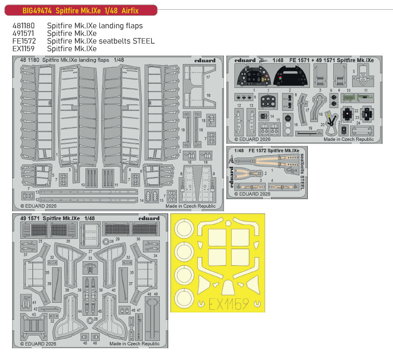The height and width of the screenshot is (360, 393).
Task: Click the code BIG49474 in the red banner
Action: tap(37, 10)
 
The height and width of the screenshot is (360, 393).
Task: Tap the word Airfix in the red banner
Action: tap(130, 10)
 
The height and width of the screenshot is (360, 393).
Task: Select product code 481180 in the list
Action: tap(23, 26)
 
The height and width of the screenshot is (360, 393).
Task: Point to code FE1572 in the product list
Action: tap(24, 41)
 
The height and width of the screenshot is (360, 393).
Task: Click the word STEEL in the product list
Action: tap(144, 41)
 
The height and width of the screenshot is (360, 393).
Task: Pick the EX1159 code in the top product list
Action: tap(23, 49)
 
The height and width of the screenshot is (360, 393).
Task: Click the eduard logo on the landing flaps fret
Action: tap(205, 60)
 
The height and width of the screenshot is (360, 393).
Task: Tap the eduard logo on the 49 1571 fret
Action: tap(149, 218)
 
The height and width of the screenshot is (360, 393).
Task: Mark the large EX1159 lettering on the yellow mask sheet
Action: tap(229, 304)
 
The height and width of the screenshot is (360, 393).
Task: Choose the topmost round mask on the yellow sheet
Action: tap(184, 229)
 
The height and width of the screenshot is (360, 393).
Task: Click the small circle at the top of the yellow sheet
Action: tap(228, 223)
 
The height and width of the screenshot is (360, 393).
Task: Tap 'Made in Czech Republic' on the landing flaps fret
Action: tap(190, 206)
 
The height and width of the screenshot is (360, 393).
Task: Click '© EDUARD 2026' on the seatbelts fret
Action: tap(253, 194)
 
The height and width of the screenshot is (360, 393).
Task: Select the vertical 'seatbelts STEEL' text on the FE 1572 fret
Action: tap(302, 172)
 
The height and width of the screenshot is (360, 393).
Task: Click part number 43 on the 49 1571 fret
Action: tap(33, 314)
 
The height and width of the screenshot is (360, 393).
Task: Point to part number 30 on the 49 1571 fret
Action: tap(138, 239)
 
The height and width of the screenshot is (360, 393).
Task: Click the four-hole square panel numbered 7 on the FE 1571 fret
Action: tap(268, 102)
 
